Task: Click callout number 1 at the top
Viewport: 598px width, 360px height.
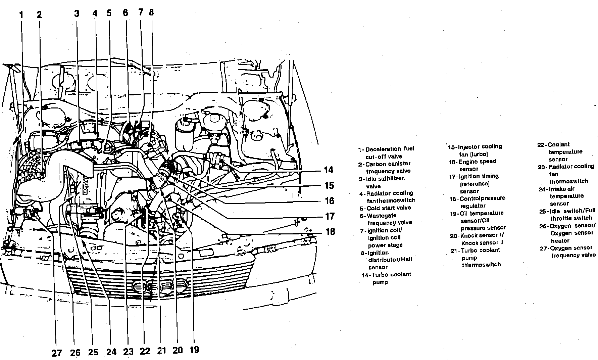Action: point(21,15)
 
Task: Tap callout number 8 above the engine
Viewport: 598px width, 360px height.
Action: point(151,12)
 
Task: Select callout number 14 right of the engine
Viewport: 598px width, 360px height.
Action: point(329,170)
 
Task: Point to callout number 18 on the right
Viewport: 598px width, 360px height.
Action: point(330,232)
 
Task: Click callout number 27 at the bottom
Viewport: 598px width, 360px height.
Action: point(57,353)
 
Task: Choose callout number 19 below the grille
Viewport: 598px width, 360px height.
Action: point(194,350)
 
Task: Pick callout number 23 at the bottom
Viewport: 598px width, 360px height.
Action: point(129,352)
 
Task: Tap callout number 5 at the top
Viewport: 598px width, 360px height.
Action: point(109,13)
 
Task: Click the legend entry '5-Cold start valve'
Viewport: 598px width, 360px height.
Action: point(385,208)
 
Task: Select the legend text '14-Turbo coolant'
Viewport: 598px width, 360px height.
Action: point(386,275)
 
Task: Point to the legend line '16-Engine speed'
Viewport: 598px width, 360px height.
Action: point(472,162)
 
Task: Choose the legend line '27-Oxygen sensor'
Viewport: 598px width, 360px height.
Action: point(566,248)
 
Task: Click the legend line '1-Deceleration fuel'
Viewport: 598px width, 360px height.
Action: point(386,149)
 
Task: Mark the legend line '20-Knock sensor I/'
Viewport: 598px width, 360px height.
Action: point(477,236)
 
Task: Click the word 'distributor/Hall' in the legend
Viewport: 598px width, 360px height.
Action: point(390,260)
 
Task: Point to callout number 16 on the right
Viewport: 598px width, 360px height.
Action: point(330,201)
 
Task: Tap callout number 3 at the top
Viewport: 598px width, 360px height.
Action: point(77,13)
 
